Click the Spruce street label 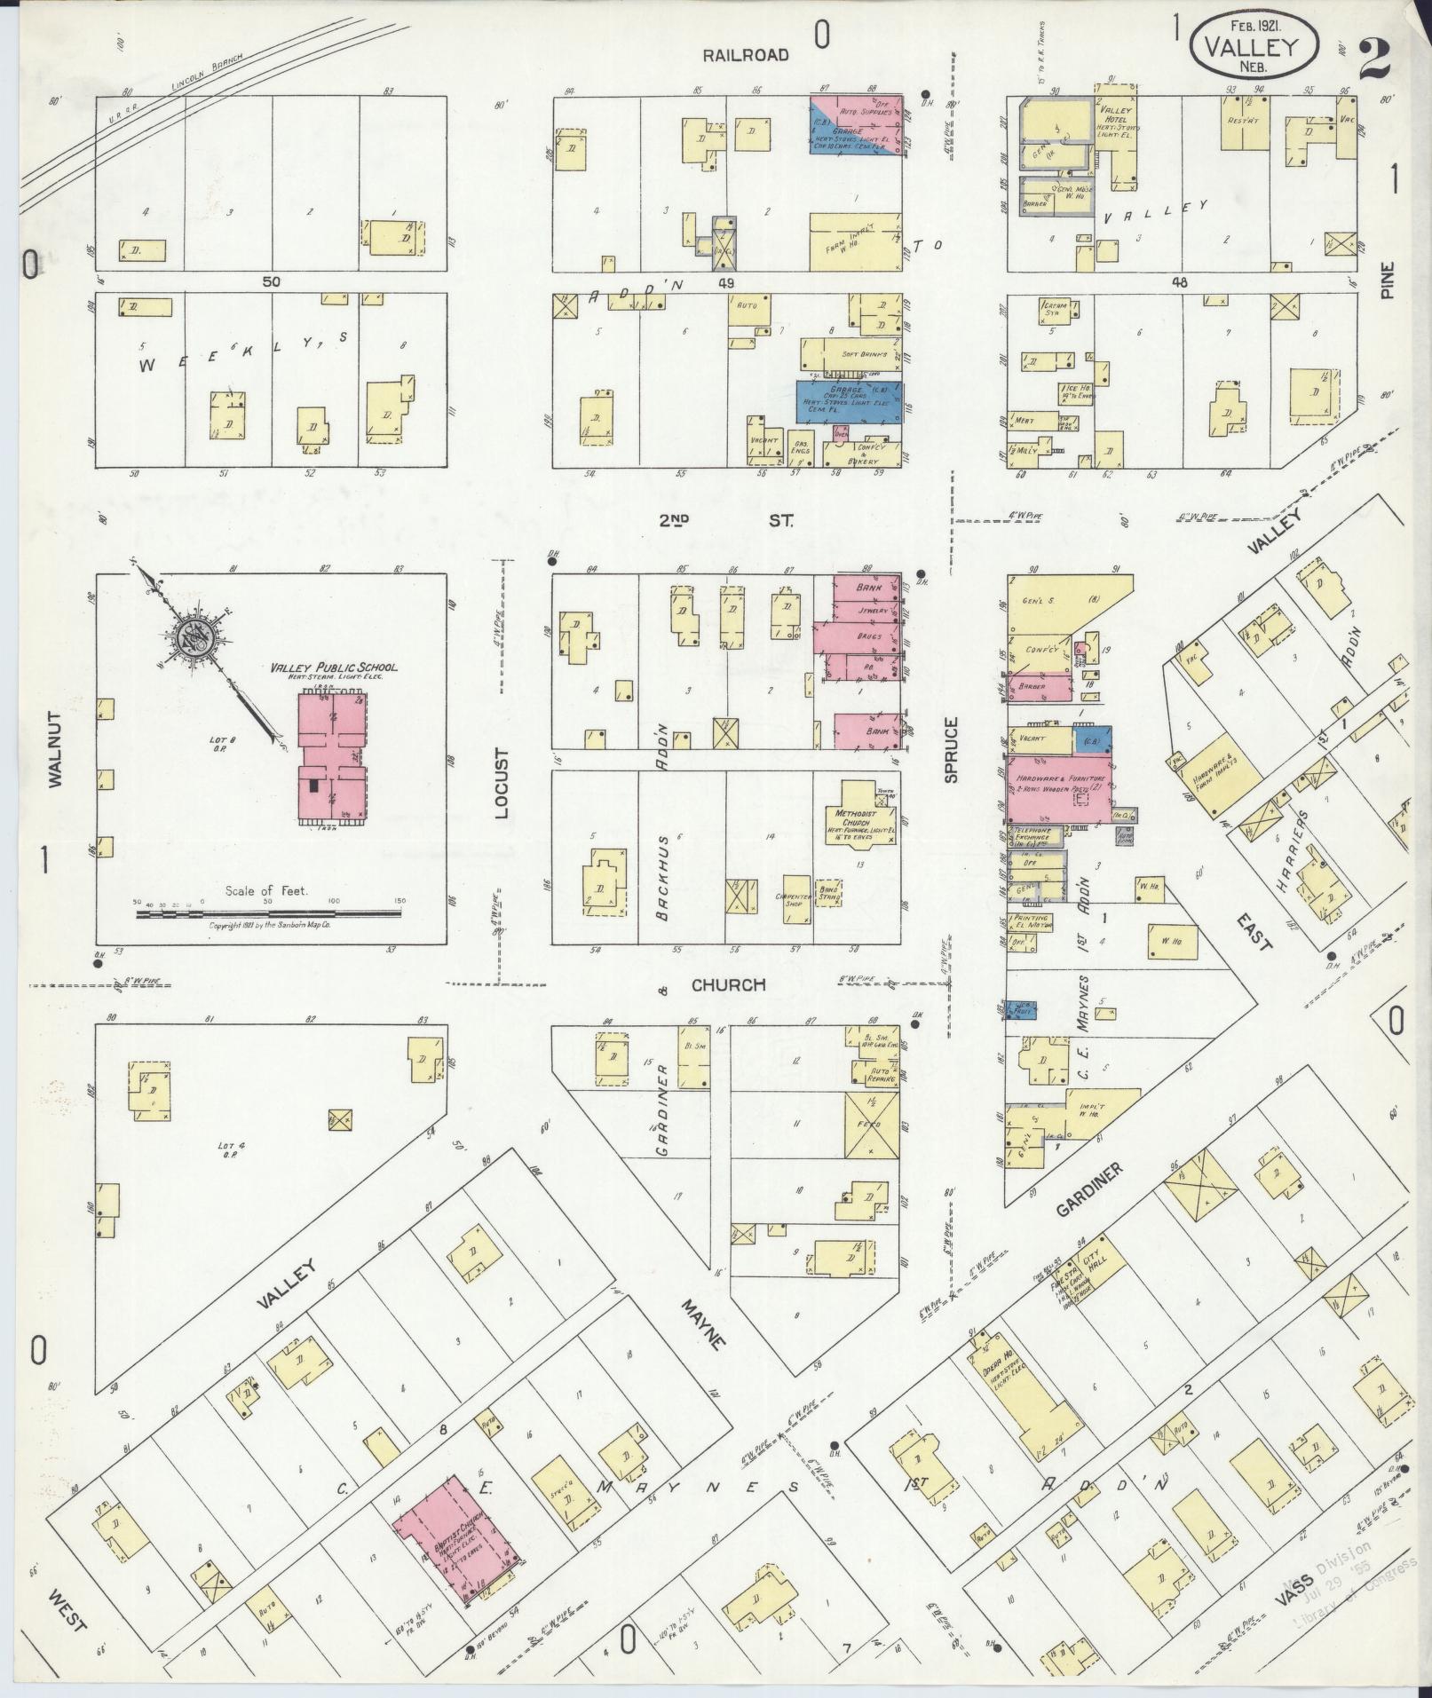[x=952, y=750]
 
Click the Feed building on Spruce [x=870, y=1125]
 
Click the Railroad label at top [x=745, y=55]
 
